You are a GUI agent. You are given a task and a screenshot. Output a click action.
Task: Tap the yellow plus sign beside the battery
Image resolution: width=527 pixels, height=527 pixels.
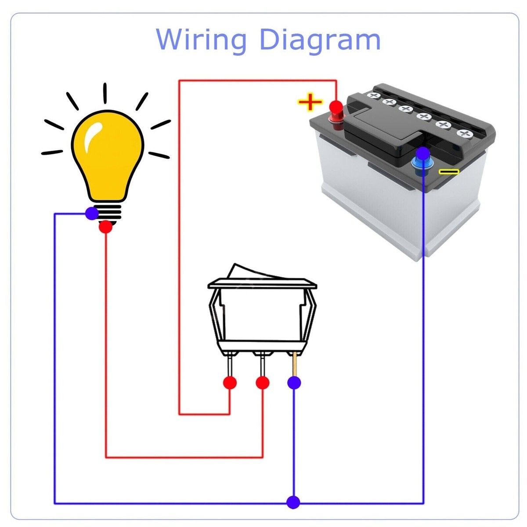click(310, 102)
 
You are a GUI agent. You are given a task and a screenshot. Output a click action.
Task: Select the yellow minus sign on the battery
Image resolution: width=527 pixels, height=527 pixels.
click(449, 171)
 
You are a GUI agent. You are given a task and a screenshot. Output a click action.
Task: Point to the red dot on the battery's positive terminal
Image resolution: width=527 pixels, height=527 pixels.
click(336, 107)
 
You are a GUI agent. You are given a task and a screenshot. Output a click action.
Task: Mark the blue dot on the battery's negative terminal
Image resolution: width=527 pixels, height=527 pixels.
click(423, 153)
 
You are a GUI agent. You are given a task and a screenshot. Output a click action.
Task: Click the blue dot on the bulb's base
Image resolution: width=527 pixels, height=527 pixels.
click(92, 213)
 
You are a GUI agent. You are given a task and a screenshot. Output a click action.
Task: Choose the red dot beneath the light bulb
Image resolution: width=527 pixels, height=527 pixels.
click(105, 227)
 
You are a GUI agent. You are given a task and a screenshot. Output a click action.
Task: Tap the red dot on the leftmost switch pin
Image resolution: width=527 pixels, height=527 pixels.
click(230, 383)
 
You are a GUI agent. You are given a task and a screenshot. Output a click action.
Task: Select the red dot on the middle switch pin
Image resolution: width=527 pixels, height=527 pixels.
click(263, 383)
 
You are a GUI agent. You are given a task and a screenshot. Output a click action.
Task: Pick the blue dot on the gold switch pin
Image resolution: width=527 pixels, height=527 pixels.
click(294, 383)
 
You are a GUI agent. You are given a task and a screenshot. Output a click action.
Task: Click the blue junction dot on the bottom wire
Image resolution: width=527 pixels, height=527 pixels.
click(293, 502)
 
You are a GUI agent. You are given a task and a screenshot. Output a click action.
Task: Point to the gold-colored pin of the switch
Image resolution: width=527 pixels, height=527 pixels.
click(295, 365)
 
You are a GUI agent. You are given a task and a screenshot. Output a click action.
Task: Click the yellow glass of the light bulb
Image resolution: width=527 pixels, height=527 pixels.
click(110, 158)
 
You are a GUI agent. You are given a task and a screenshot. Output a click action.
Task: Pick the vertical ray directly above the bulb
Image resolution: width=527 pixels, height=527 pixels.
click(105, 93)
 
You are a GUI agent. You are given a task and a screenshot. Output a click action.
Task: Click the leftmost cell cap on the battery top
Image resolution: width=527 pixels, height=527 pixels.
click(374, 95)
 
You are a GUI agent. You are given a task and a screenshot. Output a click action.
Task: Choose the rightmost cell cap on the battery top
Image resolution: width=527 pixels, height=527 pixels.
click(463, 133)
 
